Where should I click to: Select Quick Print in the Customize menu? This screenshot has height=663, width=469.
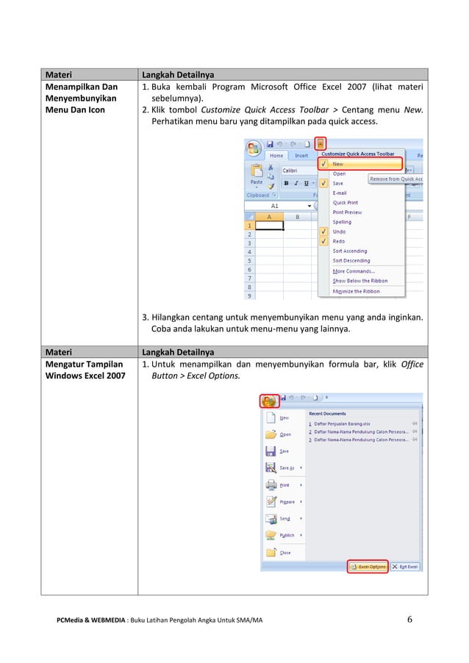(x=345, y=202)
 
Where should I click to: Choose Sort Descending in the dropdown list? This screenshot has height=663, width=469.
(x=351, y=260)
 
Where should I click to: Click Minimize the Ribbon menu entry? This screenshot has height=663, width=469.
(x=356, y=291)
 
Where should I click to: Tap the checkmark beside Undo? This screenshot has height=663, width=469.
(x=323, y=232)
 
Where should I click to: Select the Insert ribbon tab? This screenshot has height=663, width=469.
(x=301, y=155)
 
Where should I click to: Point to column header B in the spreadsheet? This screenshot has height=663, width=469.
(x=297, y=217)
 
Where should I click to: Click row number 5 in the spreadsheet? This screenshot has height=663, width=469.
(x=250, y=260)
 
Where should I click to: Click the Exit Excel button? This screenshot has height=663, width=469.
(x=405, y=566)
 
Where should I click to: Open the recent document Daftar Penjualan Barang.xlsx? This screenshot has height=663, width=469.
(x=342, y=423)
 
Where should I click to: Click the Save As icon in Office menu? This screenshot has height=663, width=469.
(x=271, y=467)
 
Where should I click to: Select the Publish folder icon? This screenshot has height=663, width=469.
(x=271, y=535)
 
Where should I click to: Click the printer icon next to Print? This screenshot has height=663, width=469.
(x=271, y=485)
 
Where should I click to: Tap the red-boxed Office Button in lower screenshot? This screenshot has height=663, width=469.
(x=269, y=401)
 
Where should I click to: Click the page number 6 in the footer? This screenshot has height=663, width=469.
(x=410, y=619)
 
